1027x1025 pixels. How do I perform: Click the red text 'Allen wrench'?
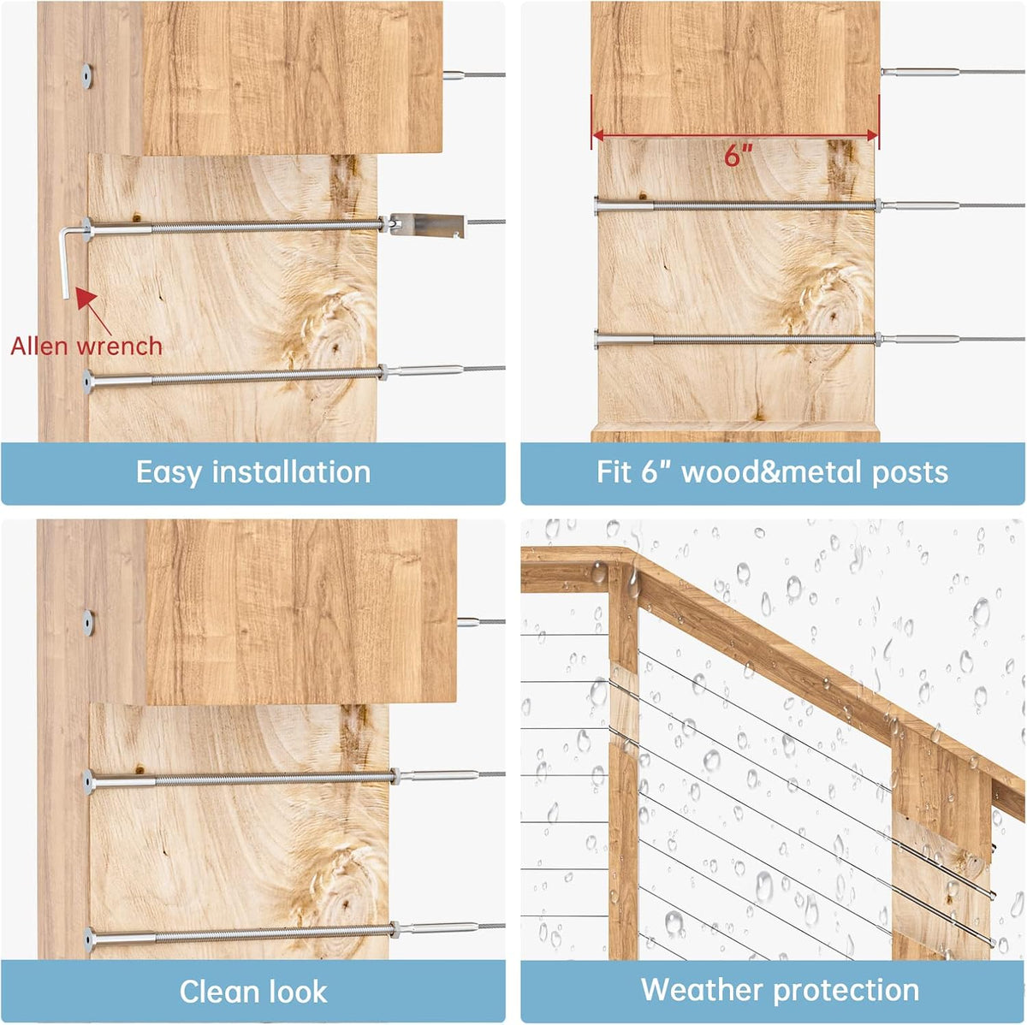click(86, 347)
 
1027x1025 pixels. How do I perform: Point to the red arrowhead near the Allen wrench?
click(86, 298)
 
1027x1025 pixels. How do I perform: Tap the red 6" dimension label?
click(738, 156)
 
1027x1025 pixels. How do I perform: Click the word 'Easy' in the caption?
click(169, 473)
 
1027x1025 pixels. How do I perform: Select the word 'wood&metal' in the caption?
click(771, 472)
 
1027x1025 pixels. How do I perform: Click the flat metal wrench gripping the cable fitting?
click(427, 225)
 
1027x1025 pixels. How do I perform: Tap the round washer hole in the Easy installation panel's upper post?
click(87, 76)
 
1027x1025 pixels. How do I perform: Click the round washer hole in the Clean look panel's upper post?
click(88, 623)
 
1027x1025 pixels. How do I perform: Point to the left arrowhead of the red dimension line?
click(598, 135)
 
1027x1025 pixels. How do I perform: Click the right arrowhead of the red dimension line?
click(872, 135)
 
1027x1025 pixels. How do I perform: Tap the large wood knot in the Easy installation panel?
click(333, 347)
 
